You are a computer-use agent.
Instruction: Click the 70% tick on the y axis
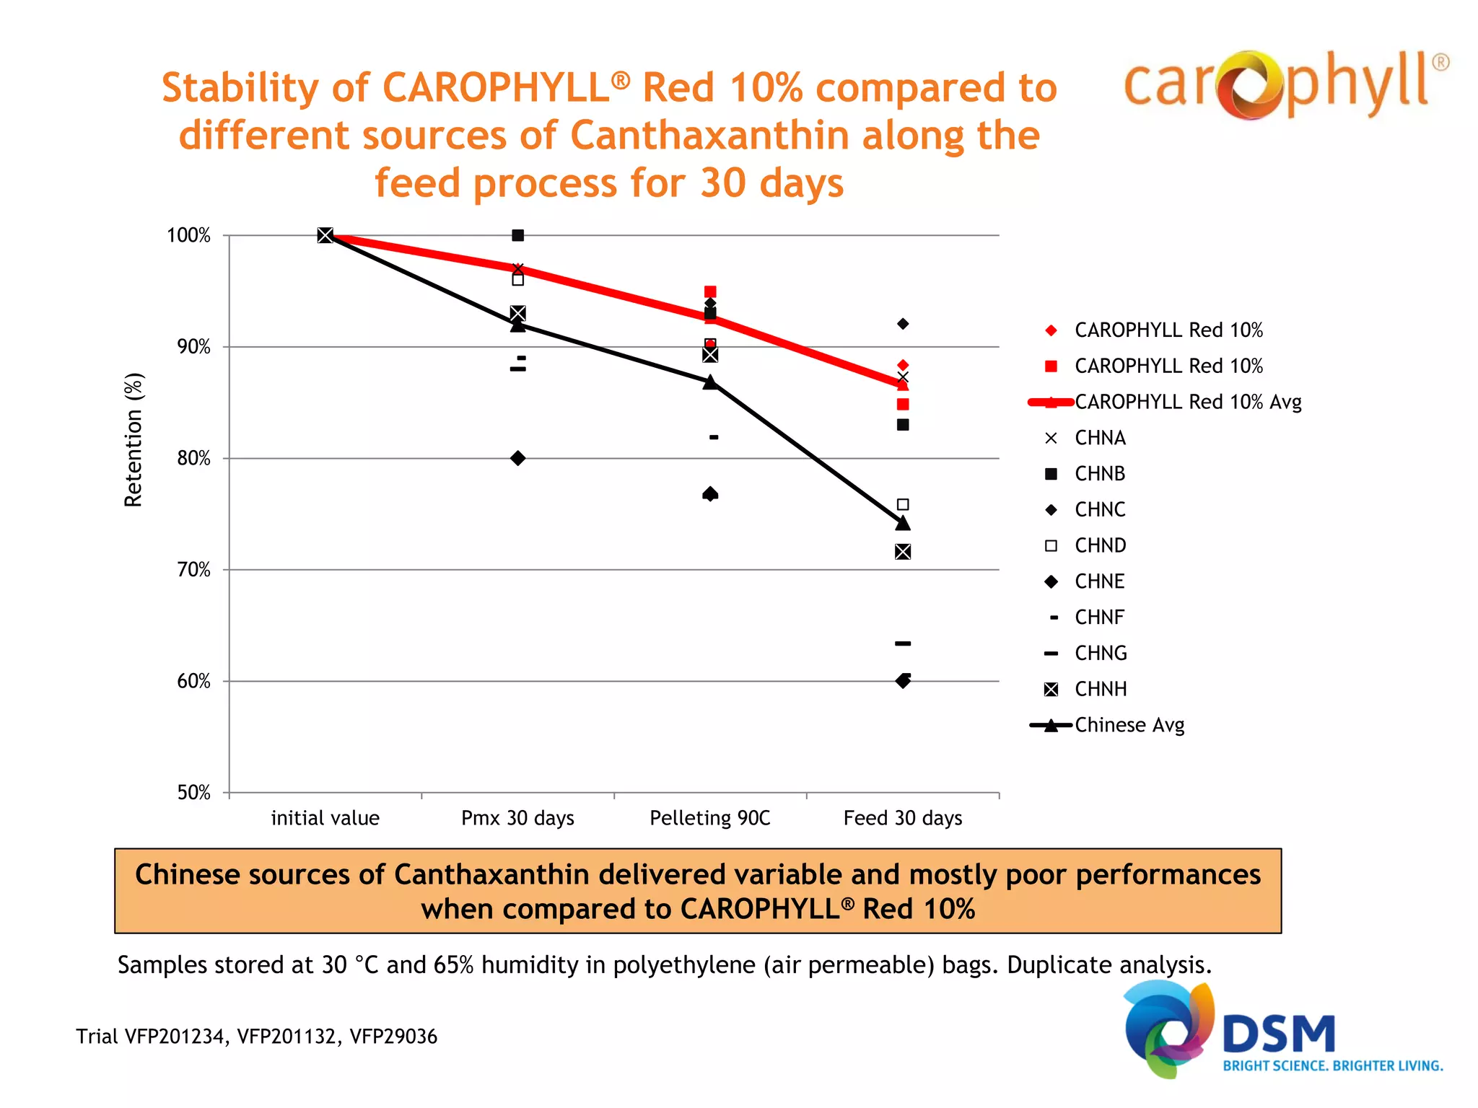click(193, 570)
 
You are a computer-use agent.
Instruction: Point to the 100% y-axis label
click(188, 235)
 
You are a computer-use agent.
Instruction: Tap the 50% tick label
click(193, 793)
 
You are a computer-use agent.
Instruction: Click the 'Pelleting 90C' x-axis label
click(709, 818)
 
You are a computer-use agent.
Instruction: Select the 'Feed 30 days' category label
click(902, 818)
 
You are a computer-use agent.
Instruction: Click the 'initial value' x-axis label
click(325, 818)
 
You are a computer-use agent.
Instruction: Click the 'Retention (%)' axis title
click(134, 440)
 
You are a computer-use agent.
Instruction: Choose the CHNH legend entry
click(1100, 689)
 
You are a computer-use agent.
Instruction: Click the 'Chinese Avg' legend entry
click(1129, 725)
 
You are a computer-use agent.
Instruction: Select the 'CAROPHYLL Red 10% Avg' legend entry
click(1187, 402)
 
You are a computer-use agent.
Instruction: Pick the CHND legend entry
click(1100, 545)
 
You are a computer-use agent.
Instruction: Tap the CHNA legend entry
click(1100, 438)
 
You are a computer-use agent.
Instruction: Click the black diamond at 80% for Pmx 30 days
click(517, 458)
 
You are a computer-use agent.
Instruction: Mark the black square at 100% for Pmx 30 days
click(517, 235)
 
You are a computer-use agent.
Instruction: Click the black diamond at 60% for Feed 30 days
click(902, 681)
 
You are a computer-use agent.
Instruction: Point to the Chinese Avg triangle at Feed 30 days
click(902, 523)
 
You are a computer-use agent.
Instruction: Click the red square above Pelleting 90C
click(710, 291)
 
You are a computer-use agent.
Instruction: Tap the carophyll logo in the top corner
click(1285, 84)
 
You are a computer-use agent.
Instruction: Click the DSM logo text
click(1279, 1034)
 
